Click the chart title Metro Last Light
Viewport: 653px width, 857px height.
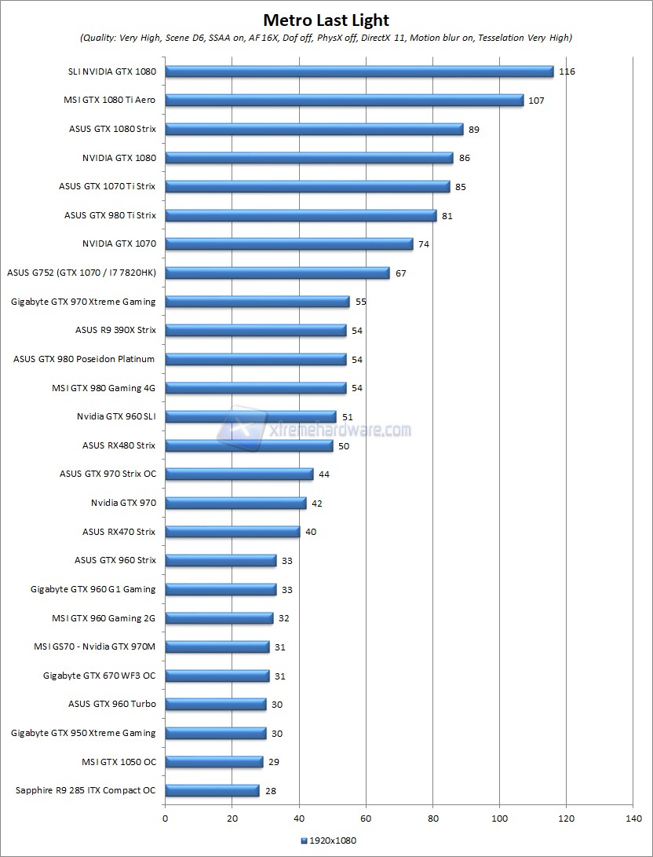[326, 20]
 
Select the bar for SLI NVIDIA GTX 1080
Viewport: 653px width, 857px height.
[359, 71]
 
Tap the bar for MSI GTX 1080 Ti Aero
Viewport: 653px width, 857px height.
[345, 101]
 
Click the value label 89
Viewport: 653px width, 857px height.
[473, 129]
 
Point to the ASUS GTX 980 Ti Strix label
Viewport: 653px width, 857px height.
[110, 215]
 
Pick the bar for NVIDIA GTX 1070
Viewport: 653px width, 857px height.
[289, 244]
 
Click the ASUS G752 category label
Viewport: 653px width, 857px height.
[81, 273]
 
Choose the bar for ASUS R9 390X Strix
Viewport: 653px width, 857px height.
[256, 331]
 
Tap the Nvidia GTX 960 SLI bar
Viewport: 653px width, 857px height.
[250, 417]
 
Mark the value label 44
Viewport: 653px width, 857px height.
[325, 474]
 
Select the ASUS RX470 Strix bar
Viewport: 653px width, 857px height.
[232, 532]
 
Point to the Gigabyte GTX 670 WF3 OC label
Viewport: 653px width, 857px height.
[100, 676]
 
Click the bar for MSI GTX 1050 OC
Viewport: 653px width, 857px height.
[213, 762]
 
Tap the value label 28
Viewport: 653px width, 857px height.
[271, 791]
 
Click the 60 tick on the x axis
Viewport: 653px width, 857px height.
[366, 818]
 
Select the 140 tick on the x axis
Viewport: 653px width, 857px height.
[633, 818]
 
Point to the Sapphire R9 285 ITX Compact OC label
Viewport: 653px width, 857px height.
[86, 790]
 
